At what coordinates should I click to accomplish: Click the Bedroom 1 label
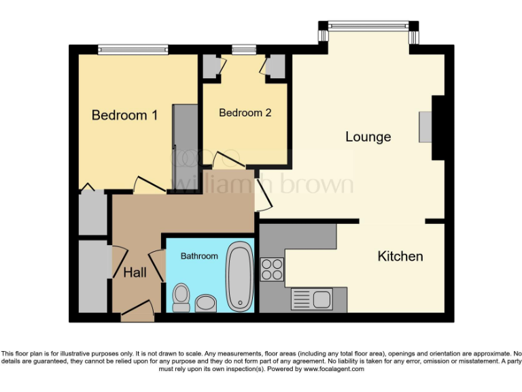[124, 115]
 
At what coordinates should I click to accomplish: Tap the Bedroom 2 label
[245, 113]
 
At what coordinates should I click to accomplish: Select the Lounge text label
[368, 137]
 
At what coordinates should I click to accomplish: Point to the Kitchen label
[400, 257]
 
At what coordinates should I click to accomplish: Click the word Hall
[135, 273]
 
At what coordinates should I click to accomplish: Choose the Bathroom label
[199, 256]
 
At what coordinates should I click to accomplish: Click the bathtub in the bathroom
[239, 276]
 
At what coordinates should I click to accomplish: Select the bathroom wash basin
[205, 303]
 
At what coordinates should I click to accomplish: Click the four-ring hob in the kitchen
[272, 269]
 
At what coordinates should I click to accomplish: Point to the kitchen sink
[319, 298]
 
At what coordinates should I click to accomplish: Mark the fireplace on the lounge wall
[426, 127]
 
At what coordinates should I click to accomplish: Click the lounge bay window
[368, 27]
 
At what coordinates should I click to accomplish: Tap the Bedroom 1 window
[133, 49]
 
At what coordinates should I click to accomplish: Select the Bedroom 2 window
[243, 49]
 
